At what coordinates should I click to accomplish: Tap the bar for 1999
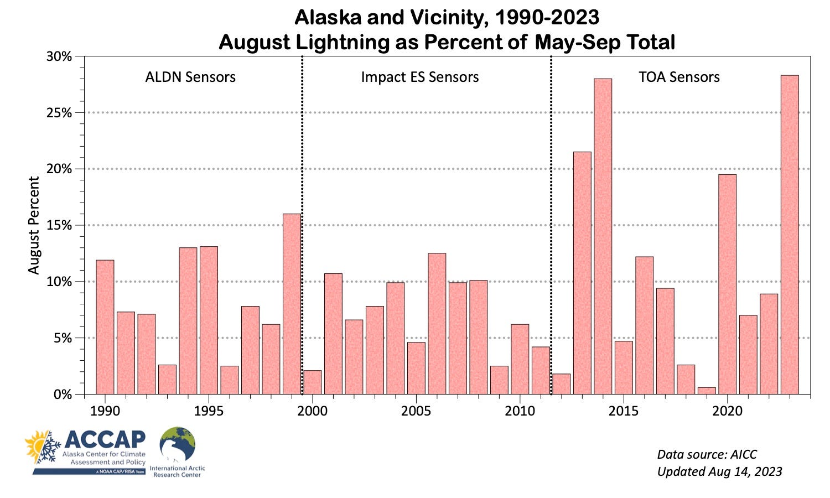[292, 304]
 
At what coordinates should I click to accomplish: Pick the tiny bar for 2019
[707, 391]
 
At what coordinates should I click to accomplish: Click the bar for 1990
[105, 326]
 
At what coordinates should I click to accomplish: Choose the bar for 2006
[437, 323]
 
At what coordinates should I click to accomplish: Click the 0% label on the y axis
[63, 395]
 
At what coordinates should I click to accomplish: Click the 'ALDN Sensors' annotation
[190, 77]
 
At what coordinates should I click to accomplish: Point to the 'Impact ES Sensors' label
[420, 77]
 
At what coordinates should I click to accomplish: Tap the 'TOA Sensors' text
[679, 77]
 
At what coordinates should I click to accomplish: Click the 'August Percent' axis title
[34, 225]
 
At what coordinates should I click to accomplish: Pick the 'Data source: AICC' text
[707, 454]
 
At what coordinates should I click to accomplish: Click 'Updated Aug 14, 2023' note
[719, 471]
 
